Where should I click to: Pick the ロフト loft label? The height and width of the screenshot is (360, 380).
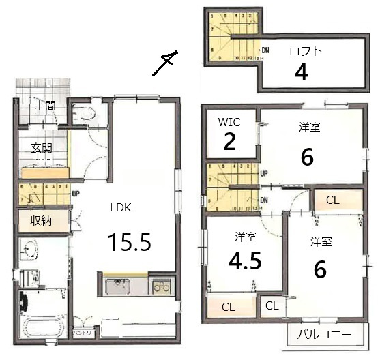[x=304, y=50]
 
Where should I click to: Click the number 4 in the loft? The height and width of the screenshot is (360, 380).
[x=301, y=72]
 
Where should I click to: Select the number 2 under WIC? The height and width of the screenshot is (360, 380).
[x=230, y=142]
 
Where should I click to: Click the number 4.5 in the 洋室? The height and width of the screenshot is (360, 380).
[x=245, y=262]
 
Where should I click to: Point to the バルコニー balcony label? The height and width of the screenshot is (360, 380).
[x=325, y=335]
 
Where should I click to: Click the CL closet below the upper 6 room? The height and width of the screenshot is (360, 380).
[x=333, y=200]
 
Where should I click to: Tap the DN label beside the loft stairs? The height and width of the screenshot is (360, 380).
[x=265, y=50]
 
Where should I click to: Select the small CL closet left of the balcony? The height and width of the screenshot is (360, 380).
[x=272, y=305]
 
